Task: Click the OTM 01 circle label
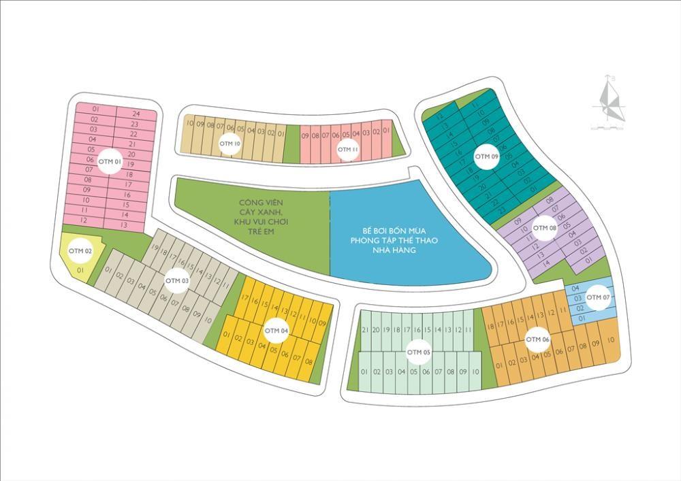pos(110,161)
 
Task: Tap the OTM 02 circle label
pos(80,251)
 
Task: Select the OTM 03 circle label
pos(177,280)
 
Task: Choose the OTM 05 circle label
pos(418,352)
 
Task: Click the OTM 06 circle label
pos(537,339)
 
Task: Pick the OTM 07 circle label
pos(598,297)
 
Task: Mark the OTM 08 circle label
pos(544,227)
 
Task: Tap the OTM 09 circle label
pos(486,156)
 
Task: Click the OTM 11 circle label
pos(347,149)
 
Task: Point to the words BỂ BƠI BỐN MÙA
pos(390,231)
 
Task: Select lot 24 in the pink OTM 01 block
pos(136,114)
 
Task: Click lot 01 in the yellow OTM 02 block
pos(80,270)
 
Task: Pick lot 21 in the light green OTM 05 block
pos(365,330)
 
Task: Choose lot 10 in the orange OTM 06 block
pos(611,339)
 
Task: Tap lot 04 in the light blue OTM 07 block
pos(575,288)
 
